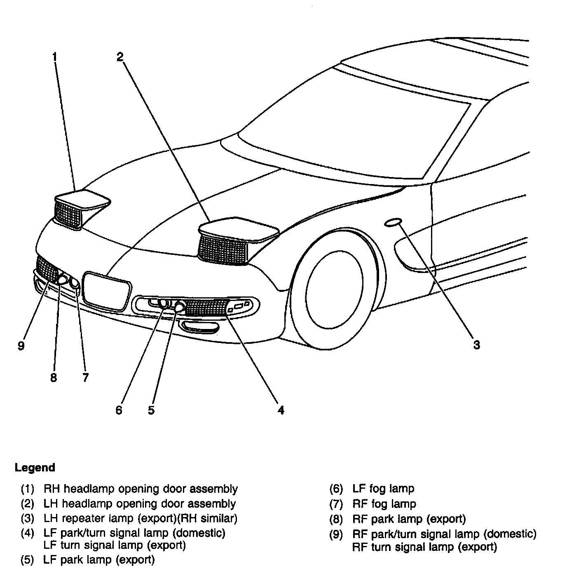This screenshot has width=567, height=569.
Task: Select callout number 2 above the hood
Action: click(119, 57)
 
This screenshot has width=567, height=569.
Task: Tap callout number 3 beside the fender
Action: click(476, 345)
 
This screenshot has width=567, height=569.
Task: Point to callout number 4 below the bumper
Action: click(281, 410)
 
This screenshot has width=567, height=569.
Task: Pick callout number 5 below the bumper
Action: click(151, 410)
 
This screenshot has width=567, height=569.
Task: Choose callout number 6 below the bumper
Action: click(119, 410)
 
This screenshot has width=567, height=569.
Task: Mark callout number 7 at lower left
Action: click(85, 378)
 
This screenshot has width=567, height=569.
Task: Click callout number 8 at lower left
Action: click(54, 378)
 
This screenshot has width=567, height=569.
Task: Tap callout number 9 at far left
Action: click(21, 345)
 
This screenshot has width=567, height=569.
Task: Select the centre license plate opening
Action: click(107, 290)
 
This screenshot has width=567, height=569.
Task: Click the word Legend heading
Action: click(35, 468)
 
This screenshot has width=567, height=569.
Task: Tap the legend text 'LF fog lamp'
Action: click(383, 489)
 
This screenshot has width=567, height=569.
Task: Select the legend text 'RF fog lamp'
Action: click(384, 504)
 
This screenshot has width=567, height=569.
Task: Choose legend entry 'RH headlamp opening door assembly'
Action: click(141, 489)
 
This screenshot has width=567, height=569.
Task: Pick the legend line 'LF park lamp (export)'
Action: click(99, 560)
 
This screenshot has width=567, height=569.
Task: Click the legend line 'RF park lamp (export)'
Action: click(409, 519)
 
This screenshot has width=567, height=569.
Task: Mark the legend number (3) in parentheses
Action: click(28, 519)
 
